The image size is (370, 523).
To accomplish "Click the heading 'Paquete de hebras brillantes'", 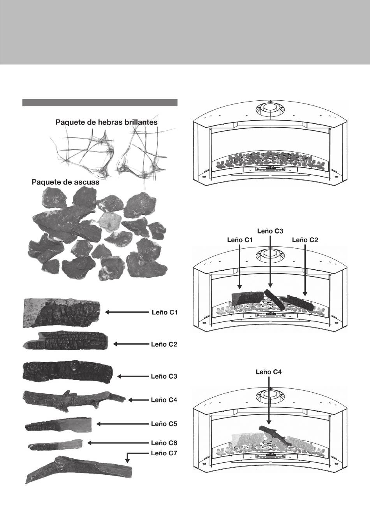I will click(106, 122).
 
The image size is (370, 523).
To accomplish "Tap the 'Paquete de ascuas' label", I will click(65, 182).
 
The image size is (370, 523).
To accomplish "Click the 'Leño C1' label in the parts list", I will click(164, 312).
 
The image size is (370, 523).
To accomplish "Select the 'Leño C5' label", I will click(164, 424).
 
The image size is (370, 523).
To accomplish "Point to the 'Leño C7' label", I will click(164, 453).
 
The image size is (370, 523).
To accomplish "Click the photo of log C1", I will click(62, 312).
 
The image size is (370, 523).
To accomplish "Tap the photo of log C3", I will click(68, 371).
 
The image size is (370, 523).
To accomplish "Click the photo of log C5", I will click(58, 425).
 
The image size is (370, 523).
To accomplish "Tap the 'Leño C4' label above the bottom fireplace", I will click(268, 372).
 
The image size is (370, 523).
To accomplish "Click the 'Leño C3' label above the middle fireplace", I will click(270, 231).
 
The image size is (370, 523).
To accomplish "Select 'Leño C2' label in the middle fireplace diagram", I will click(305, 240).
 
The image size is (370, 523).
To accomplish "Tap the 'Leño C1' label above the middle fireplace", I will click(240, 240).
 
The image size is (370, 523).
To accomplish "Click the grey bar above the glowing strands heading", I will click(100, 103).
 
